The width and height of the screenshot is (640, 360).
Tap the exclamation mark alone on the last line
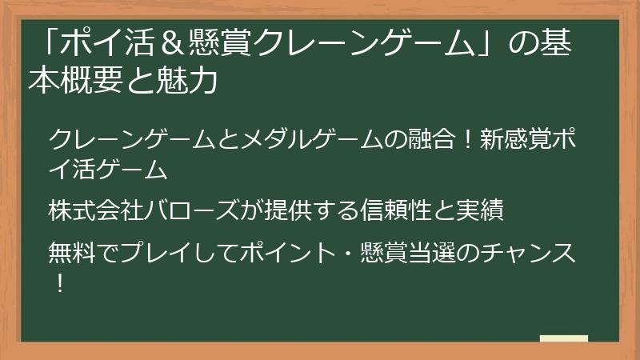[60, 283]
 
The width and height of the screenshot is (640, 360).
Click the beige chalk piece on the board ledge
[564, 338]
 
